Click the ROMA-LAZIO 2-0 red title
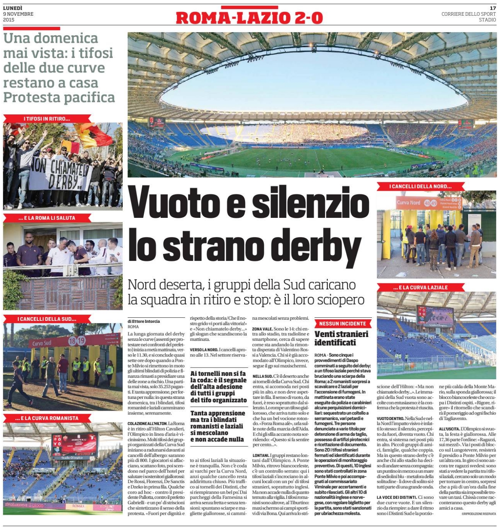point(249,18)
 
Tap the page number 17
point(493,8)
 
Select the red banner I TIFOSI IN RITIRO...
point(47,119)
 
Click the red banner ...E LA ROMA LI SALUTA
point(47,218)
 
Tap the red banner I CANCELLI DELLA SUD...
point(47,319)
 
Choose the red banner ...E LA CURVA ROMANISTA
point(47,418)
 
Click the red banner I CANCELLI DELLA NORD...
point(420,187)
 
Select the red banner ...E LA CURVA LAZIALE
point(420,287)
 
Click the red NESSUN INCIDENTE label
point(342,324)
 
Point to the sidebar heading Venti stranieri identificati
point(341,338)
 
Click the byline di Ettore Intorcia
point(144,321)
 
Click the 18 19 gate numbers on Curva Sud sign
point(77,341)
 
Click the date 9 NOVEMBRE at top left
point(18,14)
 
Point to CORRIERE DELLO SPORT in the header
point(468,14)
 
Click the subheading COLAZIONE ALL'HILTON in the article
point(147,424)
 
